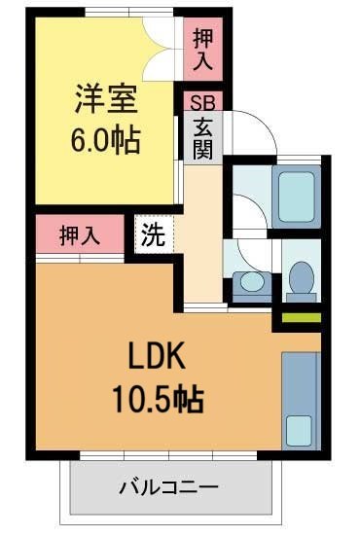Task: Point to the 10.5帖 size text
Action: (157, 399)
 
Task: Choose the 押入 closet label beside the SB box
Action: (202, 50)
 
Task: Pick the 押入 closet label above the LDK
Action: (82, 234)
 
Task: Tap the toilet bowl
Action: (301, 277)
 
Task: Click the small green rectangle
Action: (302, 317)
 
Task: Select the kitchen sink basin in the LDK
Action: (300, 427)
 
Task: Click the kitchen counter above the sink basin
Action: (300, 375)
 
